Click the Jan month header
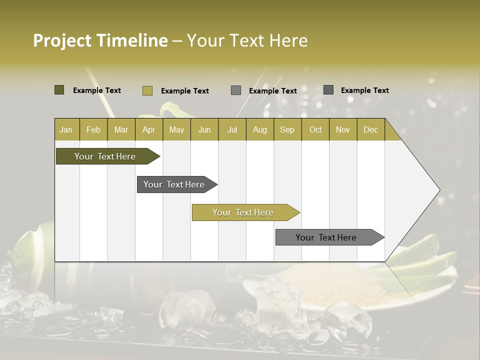(x=66, y=129)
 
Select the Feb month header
(x=93, y=129)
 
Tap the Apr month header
(x=148, y=129)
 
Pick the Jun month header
(x=204, y=129)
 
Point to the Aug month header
(x=259, y=129)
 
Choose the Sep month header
(x=287, y=129)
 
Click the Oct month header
(x=315, y=129)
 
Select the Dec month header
(x=370, y=129)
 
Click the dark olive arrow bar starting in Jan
(x=105, y=156)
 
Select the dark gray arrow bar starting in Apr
(x=174, y=184)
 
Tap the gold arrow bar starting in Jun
(x=243, y=212)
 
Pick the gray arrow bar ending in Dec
(x=326, y=237)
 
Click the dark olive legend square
(x=59, y=90)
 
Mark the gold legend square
(x=147, y=90)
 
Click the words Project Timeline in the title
(x=100, y=40)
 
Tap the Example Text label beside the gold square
(x=184, y=90)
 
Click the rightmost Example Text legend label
(x=364, y=90)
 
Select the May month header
(x=176, y=129)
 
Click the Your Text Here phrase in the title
(x=247, y=40)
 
